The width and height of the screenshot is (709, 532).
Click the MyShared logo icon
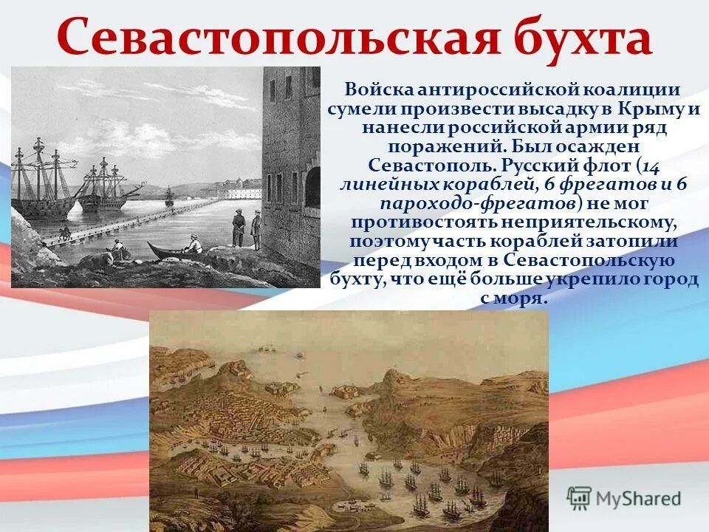(579, 497)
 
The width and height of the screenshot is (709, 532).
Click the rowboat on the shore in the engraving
(174, 250)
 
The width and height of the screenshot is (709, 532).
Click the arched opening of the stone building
(312, 186)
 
